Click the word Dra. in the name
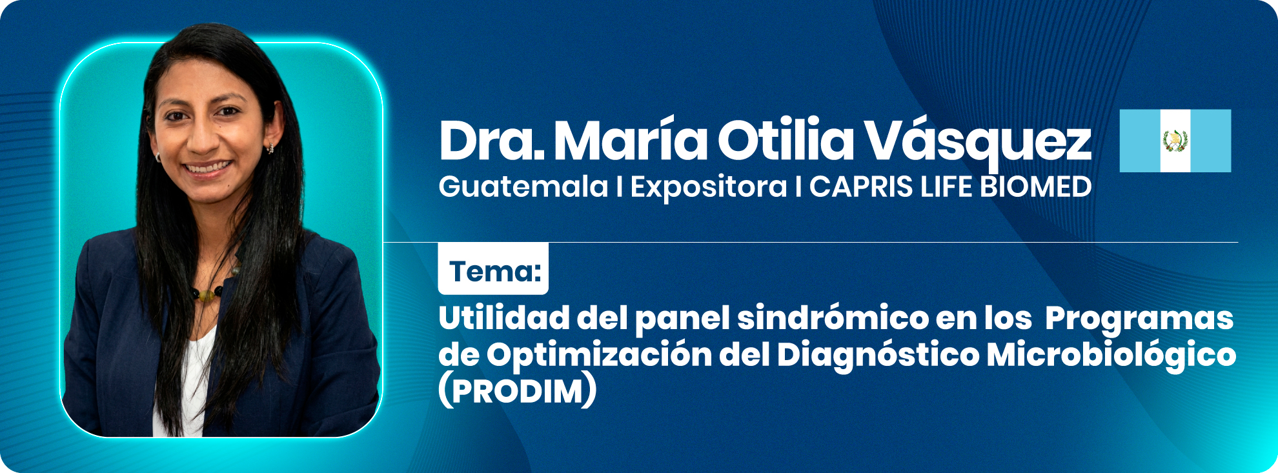[492, 140]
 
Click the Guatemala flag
[1175, 141]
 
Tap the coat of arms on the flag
[1175, 141]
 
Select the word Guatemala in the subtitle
[523, 187]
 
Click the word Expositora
[709, 188]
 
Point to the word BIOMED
[1035, 187]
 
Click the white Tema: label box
[493, 268]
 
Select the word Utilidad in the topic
[504, 317]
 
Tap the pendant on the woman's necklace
[206, 295]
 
